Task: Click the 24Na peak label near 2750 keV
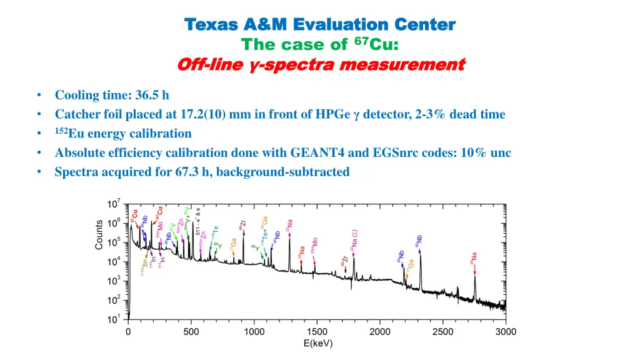tap(474, 256)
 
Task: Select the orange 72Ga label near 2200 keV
tap(410, 264)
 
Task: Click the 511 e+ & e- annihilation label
tap(198, 219)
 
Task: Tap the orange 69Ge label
tap(264, 223)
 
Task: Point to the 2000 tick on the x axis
tap(379, 332)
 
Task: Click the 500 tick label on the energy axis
tap(191, 332)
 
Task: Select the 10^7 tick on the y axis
tap(114, 204)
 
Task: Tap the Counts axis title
tap(99, 235)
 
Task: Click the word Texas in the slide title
tap(212, 24)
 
